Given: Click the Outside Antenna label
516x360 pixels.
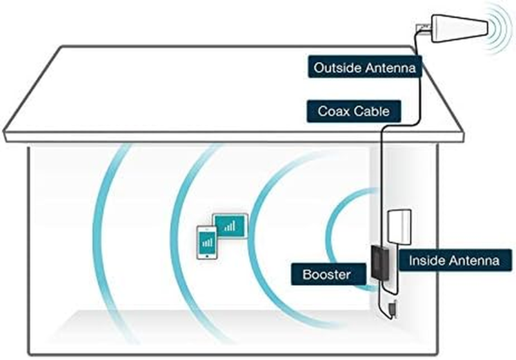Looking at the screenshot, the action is pyautogui.click(x=364, y=67).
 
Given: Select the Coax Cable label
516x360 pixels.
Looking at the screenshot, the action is pyautogui.click(x=353, y=111).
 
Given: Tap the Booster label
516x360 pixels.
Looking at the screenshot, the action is pyautogui.click(x=328, y=274).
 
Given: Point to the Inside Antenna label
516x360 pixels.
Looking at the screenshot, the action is pyautogui.click(x=455, y=261).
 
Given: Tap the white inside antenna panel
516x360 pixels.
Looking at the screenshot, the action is pyautogui.click(x=399, y=227).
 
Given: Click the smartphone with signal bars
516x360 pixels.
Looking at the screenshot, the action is pyautogui.click(x=206, y=243).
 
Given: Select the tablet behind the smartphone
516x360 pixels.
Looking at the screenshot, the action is pyautogui.click(x=230, y=226).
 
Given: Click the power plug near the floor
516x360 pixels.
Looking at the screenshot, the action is pyautogui.click(x=393, y=309).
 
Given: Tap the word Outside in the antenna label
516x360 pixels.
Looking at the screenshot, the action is pyautogui.click(x=337, y=68).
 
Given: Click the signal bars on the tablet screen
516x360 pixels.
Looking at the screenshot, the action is pyautogui.click(x=230, y=226).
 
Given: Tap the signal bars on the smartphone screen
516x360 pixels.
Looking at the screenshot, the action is pyautogui.click(x=207, y=243).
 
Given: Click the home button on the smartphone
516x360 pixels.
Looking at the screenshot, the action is pyautogui.click(x=207, y=255).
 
